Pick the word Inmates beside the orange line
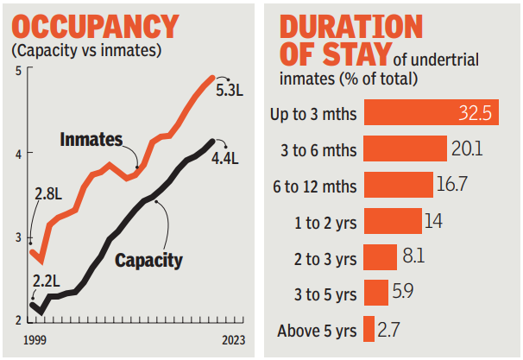(x=93, y=138)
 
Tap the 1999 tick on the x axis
(x=35, y=340)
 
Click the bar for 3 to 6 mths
(x=405, y=148)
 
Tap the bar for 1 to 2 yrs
(x=393, y=221)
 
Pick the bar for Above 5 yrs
(x=369, y=329)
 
